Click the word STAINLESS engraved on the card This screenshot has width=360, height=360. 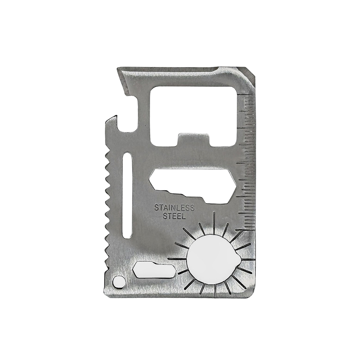(x=174, y=208)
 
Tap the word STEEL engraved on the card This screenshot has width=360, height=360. (x=174, y=216)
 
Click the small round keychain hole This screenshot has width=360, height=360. (x=119, y=282)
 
